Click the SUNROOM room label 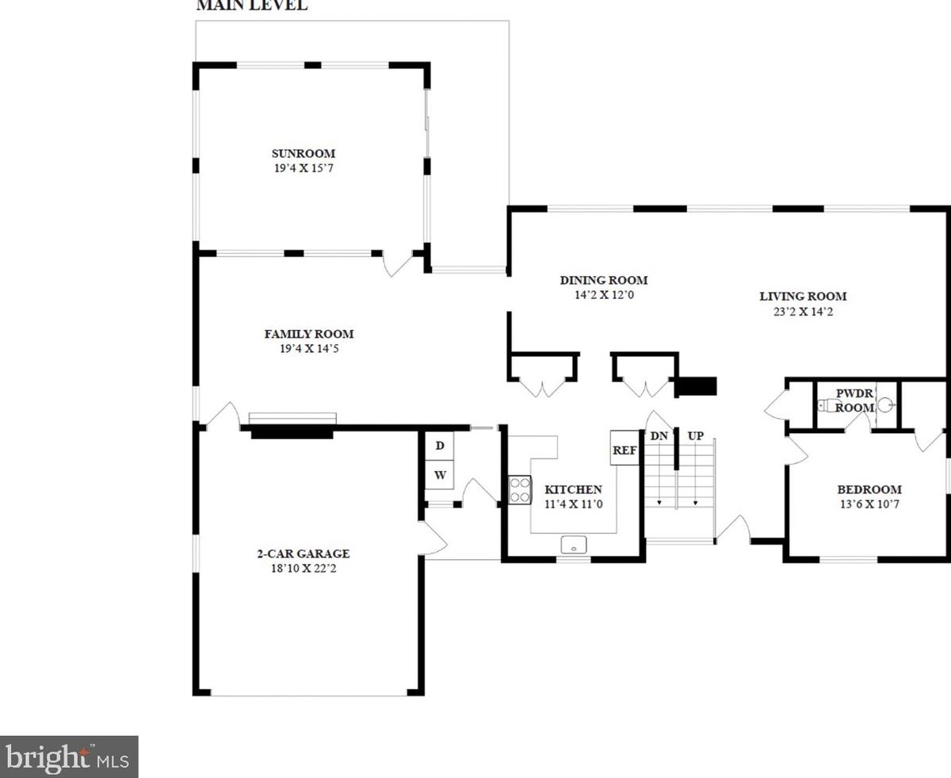click(x=304, y=153)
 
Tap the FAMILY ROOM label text click(x=309, y=334)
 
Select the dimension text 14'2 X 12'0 click(x=604, y=295)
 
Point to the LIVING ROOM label click(x=803, y=297)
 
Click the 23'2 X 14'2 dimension click(x=803, y=312)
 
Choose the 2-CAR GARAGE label click(x=304, y=554)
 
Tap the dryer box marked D click(x=440, y=446)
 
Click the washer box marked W click(x=440, y=475)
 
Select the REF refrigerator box click(x=624, y=447)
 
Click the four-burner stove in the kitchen click(x=519, y=491)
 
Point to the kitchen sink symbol click(x=574, y=545)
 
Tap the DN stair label click(x=659, y=436)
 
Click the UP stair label click(x=695, y=436)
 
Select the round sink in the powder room click(x=885, y=404)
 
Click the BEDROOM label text click(x=869, y=489)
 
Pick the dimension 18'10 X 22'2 click(x=304, y=569)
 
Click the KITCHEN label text click(x=573, y=489)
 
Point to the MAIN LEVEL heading click(x=252, y=6)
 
